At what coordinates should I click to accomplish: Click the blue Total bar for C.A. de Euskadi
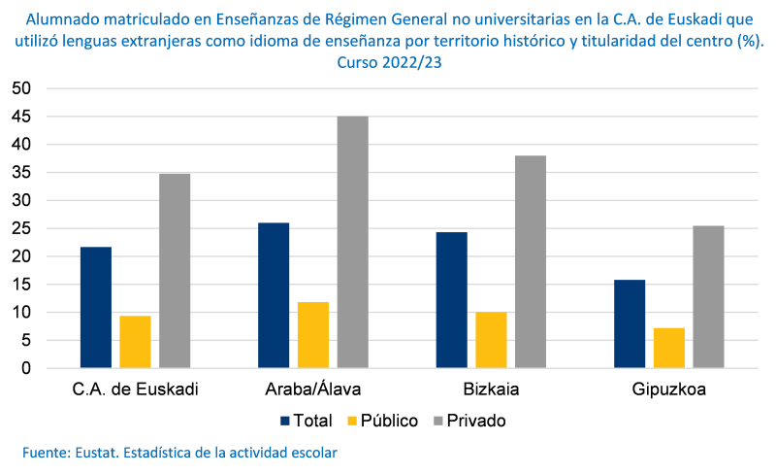click(96, 308)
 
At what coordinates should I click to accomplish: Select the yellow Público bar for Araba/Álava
click(313, 335)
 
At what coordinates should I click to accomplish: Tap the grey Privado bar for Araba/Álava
click(352, 243)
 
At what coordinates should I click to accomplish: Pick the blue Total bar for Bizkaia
click(451, 300)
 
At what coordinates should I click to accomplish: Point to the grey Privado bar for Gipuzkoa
click(708, 297)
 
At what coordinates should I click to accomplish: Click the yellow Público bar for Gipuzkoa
click(669, 348)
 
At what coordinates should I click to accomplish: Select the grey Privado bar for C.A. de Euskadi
click(175, 271)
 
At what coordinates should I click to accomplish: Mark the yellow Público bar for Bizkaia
click(491, 340)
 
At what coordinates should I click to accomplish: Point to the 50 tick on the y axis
click(21, 88)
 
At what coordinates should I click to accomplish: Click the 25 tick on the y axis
click(21, 229)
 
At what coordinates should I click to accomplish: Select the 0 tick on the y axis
click(26, 369)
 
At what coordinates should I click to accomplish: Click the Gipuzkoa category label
click(668, 390)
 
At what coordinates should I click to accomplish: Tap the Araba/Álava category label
click(313, 390)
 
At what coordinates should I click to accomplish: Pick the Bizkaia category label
click(491, 390)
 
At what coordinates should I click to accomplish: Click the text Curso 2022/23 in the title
click(388, 62)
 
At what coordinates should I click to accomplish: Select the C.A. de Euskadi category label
click(136, 390)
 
